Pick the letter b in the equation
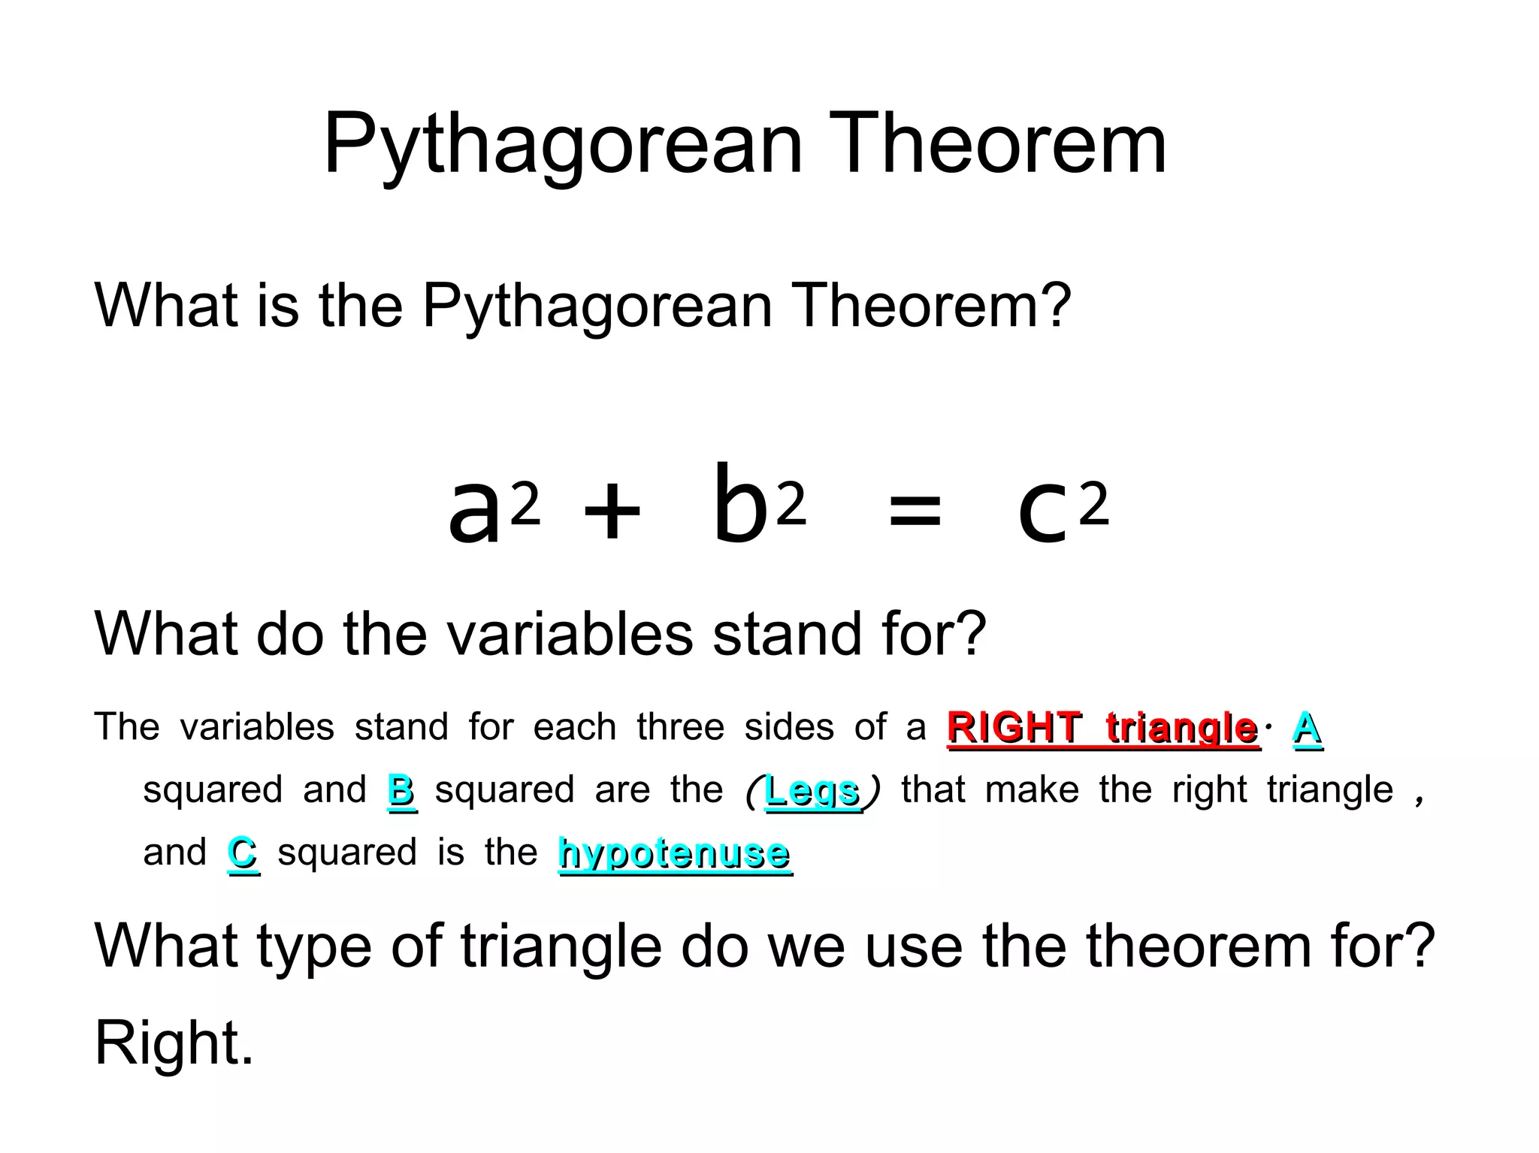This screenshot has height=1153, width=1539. coord(740,503)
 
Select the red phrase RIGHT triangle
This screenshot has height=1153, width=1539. coord(1102,728)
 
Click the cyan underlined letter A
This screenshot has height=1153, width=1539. coord(1307,728)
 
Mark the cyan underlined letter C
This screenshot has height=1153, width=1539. coord(242,853)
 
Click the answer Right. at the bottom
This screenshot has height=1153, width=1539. coord(174,1043)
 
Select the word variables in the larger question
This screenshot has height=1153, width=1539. coord(570,634)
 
